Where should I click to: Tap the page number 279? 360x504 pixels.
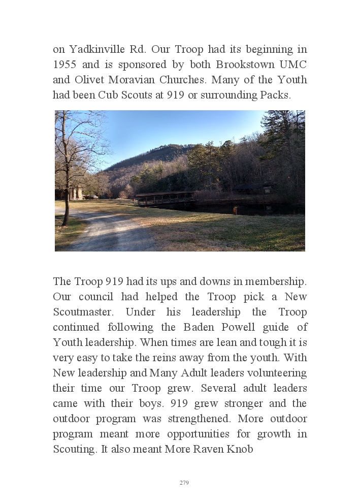184,483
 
